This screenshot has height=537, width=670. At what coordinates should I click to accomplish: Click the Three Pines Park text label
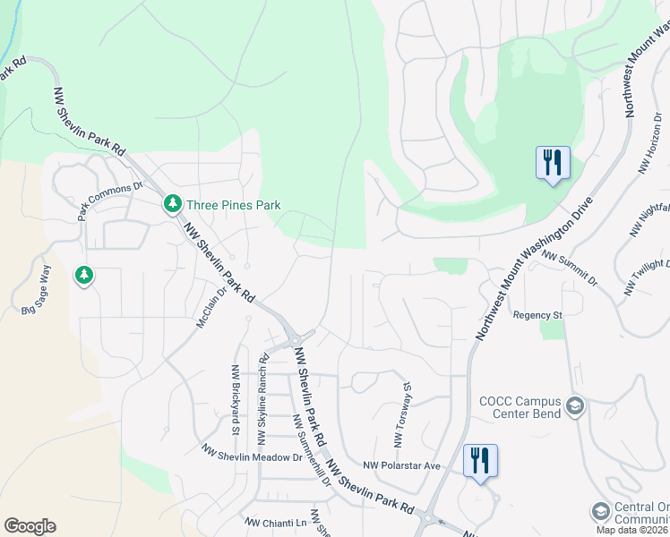(x=232, y=205)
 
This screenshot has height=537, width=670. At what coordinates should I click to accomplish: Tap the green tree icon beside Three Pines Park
(x=172, y=205)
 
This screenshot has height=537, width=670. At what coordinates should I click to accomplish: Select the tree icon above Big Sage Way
(x=83, y=275)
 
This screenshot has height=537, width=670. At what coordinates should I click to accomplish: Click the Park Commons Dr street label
(x=110, y=201)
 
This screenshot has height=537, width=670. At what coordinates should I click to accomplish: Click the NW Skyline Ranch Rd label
(x=263, y=399)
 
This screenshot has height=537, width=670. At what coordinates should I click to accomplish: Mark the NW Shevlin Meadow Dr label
(x=252, y=454)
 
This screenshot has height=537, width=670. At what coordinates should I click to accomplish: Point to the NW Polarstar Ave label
(x=402, y=465)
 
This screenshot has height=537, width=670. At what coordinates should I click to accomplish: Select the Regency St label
(x=537, y=315)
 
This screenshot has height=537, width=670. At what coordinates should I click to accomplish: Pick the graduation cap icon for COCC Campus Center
(x=574, y=407)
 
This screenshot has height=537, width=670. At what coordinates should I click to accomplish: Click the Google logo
(x=30, y=526)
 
